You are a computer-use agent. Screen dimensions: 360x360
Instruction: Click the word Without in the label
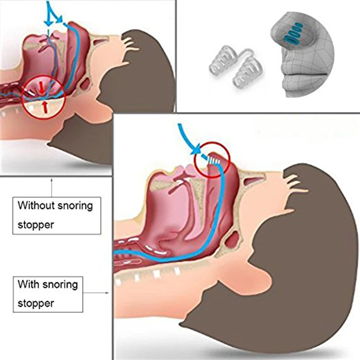[35, 206]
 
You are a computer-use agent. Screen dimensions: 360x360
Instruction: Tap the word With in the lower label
[28, 284]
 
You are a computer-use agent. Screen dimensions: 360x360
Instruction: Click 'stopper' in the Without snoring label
[36, 225]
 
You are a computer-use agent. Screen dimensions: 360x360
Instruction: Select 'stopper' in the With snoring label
[36, 303]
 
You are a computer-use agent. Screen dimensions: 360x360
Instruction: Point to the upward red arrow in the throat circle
[44, 106]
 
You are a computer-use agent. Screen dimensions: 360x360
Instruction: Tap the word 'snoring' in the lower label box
[60, 284]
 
